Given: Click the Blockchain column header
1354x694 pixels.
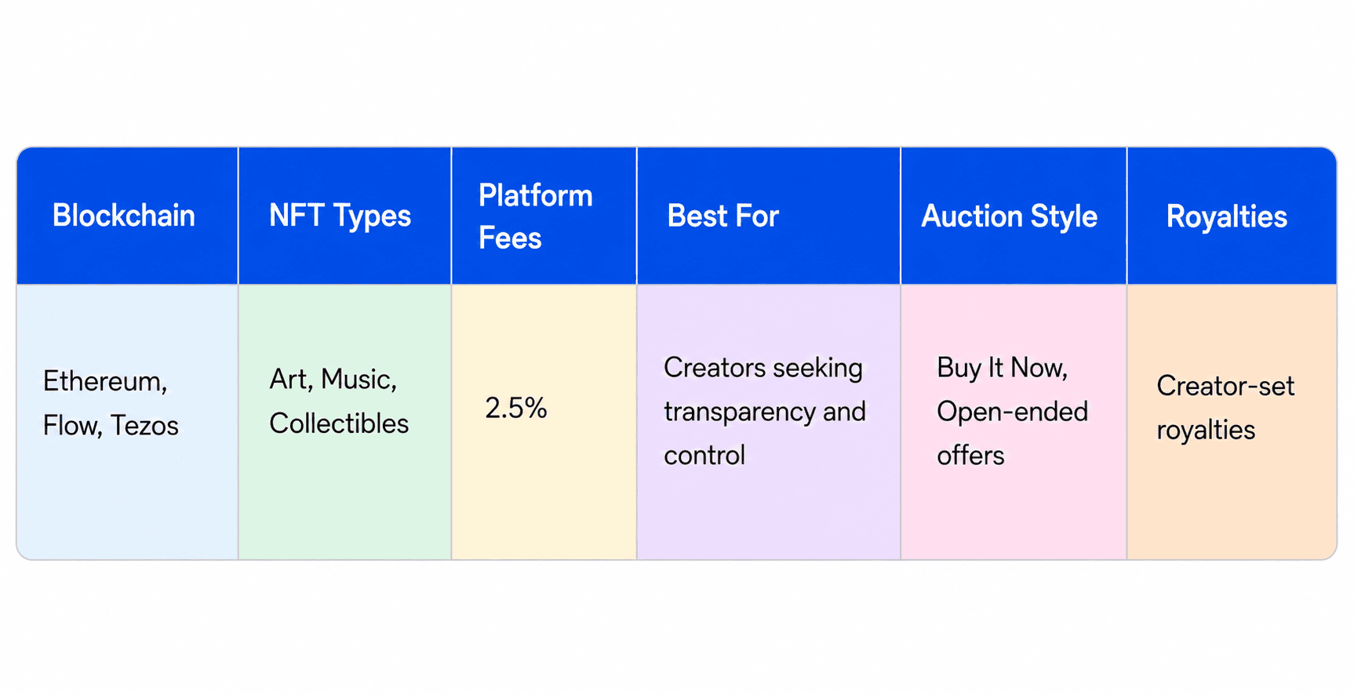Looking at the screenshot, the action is pos(124,216).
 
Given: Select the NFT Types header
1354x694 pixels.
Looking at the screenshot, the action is pos(340,216).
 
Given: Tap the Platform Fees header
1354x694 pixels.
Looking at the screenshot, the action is pos(536,216).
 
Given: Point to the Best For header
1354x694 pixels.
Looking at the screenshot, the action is pos(722,216).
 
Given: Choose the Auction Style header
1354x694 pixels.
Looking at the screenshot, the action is pos(1009,216).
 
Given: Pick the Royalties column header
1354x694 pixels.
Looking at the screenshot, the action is pos(1227,216).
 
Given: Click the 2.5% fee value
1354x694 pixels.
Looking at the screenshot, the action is pos(515,408).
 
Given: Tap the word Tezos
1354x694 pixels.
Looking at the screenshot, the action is pos(144,425).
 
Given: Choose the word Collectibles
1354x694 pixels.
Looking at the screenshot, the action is pos(339,423).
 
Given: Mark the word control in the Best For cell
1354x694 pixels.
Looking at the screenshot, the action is pos(704,455).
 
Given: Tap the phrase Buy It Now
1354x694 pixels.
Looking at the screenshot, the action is pos(1003,368).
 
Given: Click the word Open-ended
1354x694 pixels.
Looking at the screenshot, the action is pos(1013,412).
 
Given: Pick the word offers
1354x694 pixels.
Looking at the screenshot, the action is pos(970,455).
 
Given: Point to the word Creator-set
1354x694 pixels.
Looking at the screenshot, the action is pos(1225,386).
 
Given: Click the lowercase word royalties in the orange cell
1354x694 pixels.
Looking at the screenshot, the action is pos(1206,431).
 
